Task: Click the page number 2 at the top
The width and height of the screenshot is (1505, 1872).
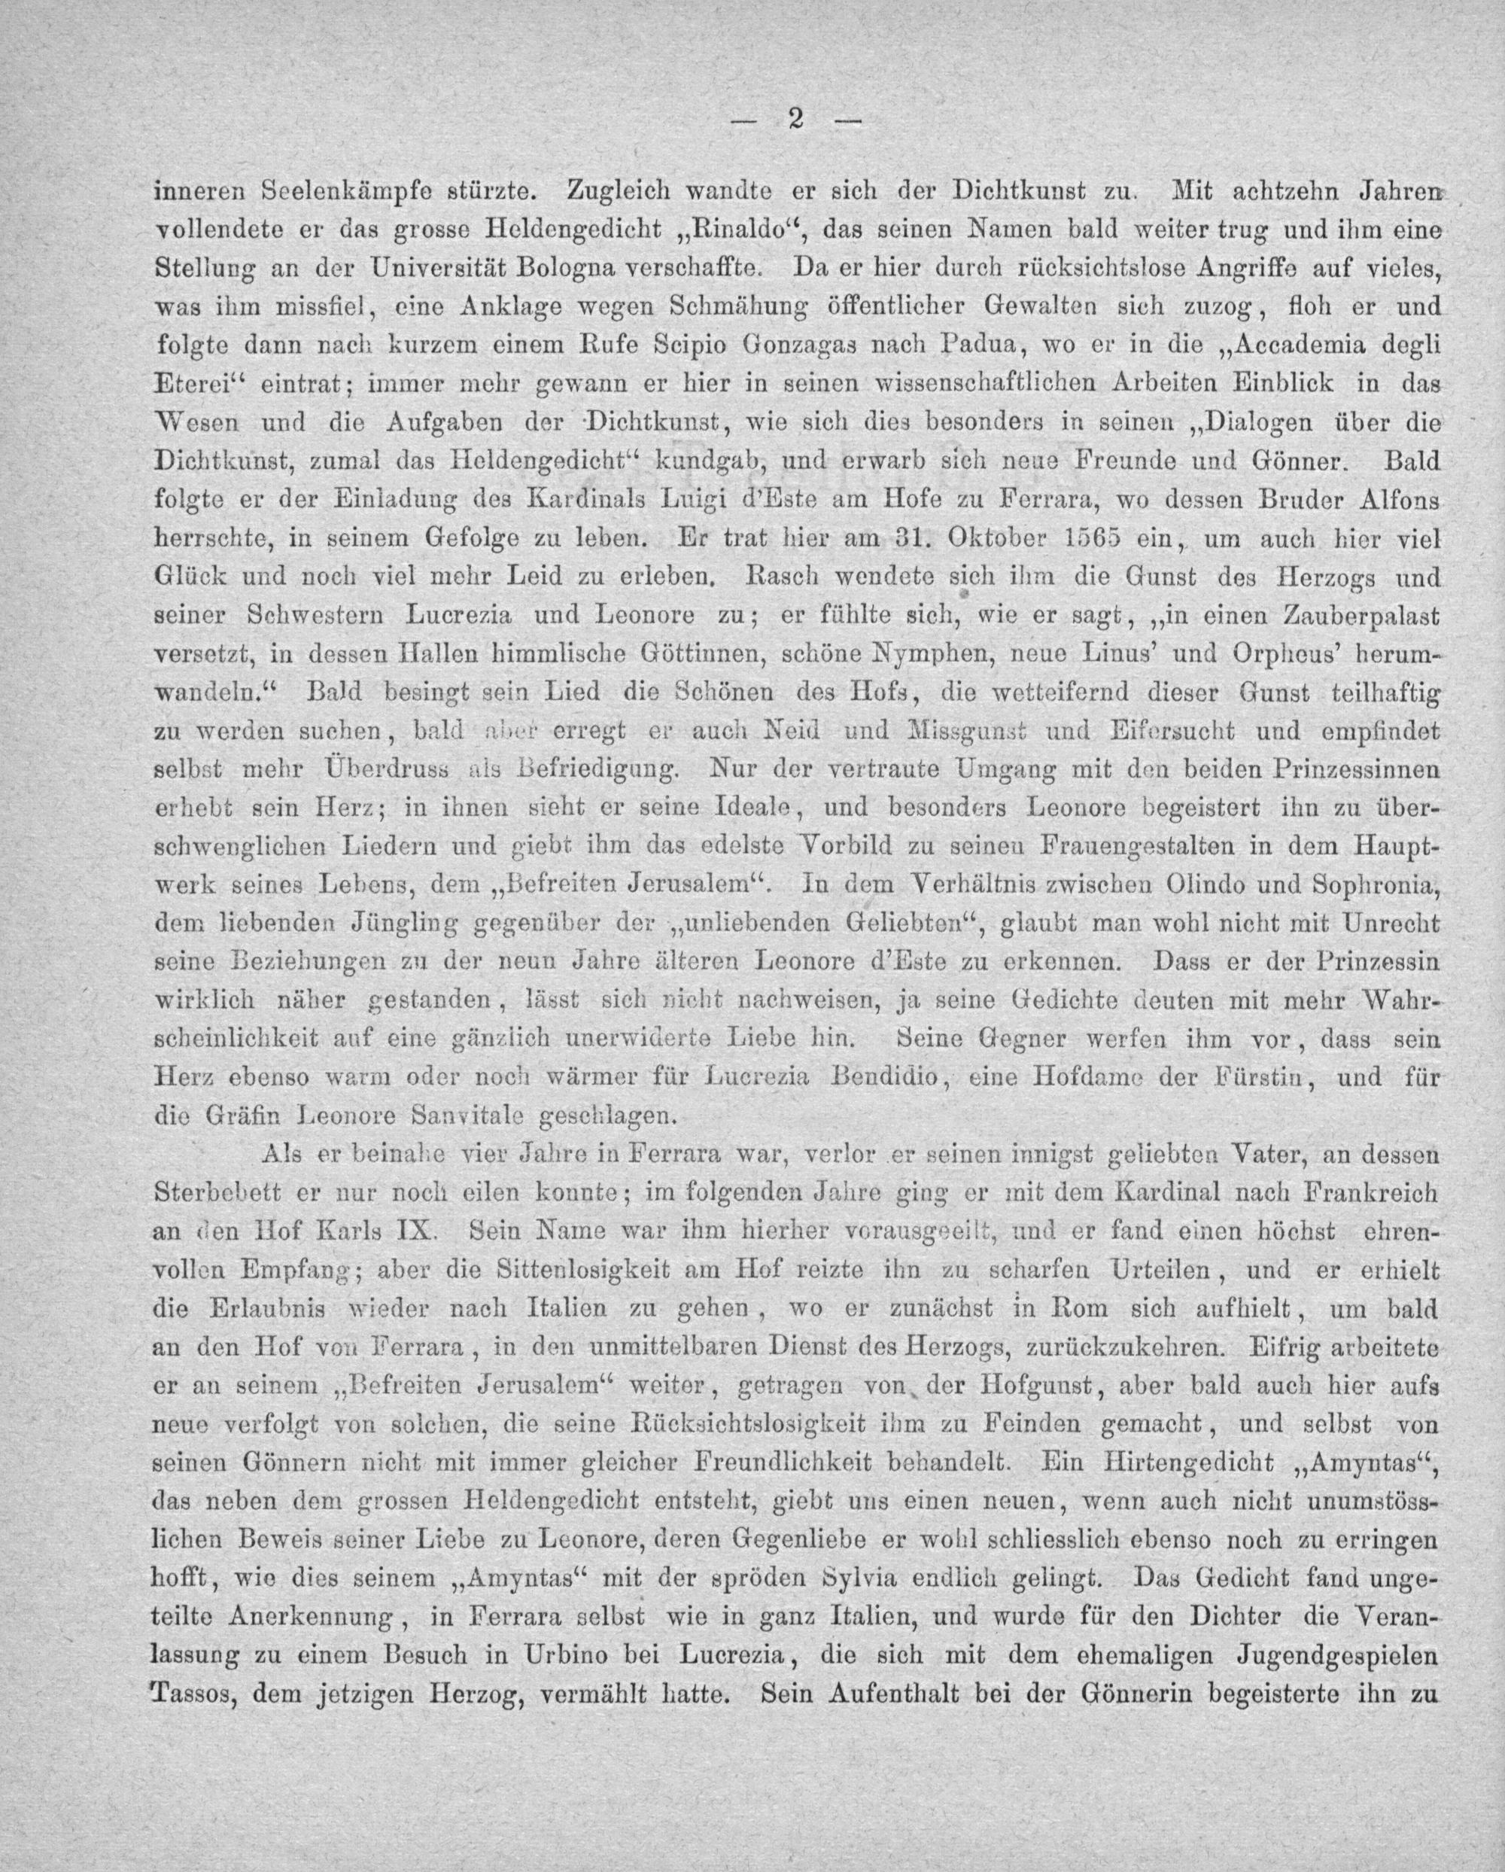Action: click(x=793, y=120)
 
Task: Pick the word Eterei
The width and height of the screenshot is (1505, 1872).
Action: click(x=199, y=382)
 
